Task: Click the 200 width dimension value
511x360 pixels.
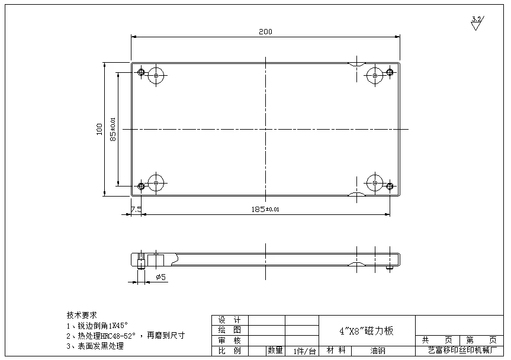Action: tap(265, 32)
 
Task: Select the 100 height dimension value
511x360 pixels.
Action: tap(99, 129)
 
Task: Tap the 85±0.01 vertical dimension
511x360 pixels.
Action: tap(113, 129)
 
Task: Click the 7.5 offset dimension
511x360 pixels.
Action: tap(136, 209)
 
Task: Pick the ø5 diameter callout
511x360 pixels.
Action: tap(160, 277)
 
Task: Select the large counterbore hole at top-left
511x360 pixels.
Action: tap(156, 75)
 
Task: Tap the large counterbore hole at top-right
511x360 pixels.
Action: tap(374, 75)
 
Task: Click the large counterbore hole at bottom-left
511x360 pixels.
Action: tap(156, 183)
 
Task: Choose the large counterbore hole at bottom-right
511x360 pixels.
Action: tap(374, 183)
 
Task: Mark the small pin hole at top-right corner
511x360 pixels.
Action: tap(390, 73)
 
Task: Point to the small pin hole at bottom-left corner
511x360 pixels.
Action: tap(141, 186)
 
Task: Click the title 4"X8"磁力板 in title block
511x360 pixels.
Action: tap(367, 331)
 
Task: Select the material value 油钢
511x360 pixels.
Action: tap(378, 351)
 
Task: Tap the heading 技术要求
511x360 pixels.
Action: tap(82, 314)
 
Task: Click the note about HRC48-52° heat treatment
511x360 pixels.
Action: tap(126, 335)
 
